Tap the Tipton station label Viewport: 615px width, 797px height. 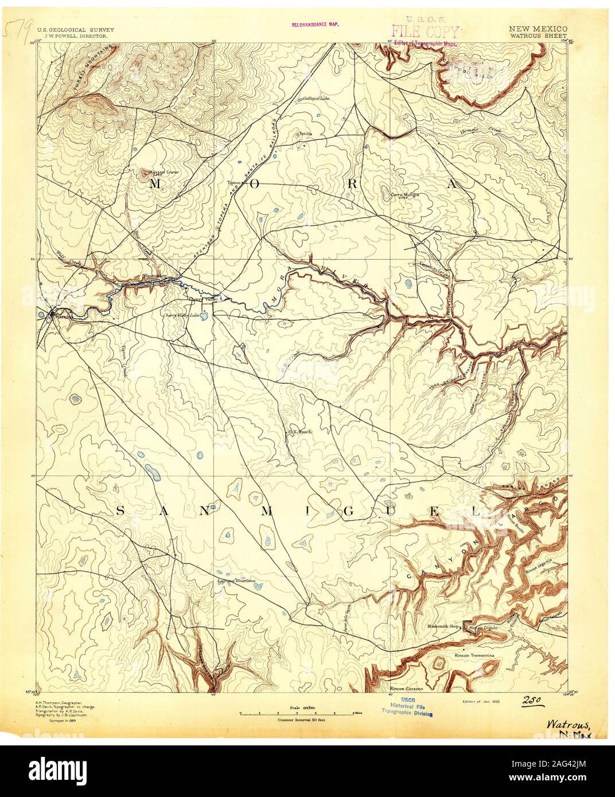click(233, 183)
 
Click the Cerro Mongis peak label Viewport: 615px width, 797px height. click(405, 195)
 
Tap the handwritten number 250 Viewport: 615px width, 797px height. click(533, 700)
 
